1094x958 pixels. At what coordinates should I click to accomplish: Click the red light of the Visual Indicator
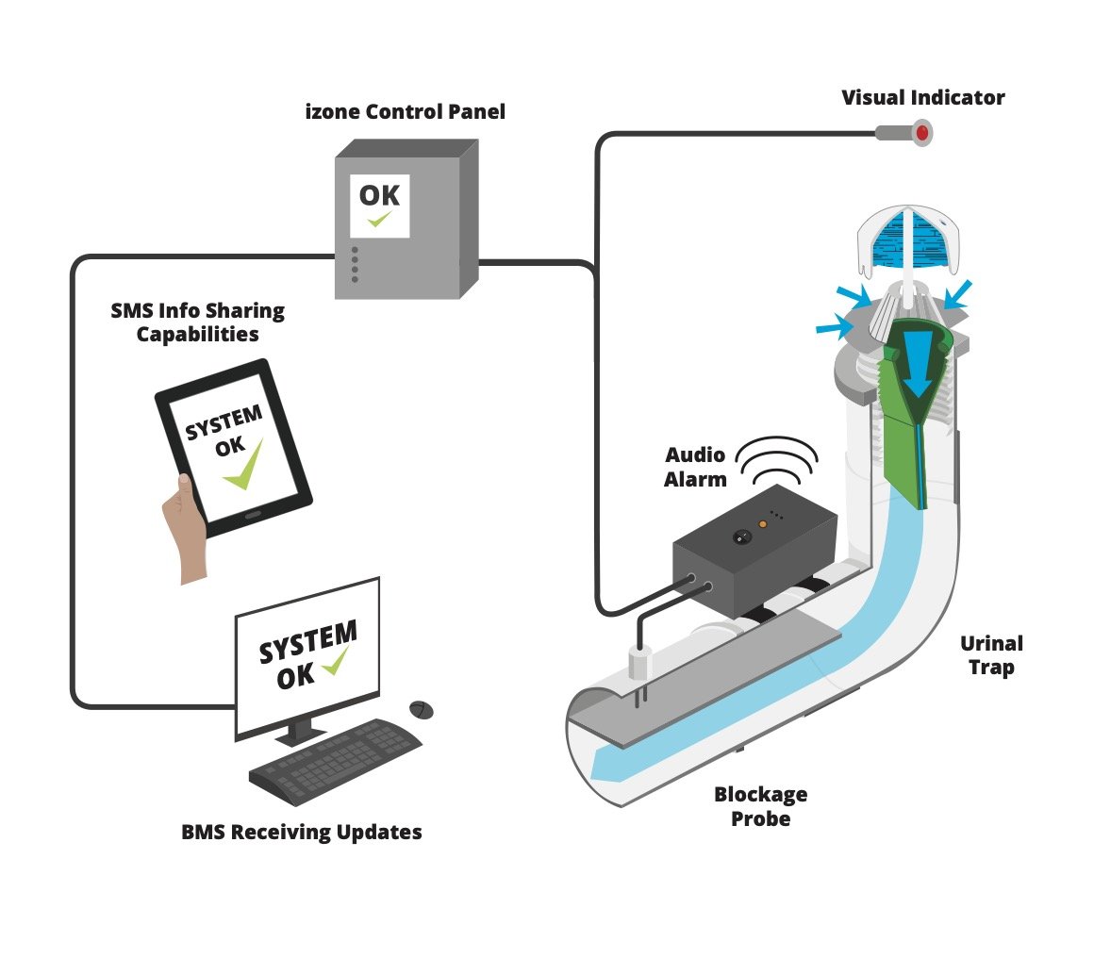coord(919,133)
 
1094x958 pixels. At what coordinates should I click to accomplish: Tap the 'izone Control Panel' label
coord(406,112)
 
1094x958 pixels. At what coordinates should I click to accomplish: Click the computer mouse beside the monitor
coord(422,708)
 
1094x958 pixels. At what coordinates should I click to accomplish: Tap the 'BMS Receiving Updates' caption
coord(302,832)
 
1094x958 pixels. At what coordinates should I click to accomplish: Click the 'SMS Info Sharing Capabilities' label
coord(198,322)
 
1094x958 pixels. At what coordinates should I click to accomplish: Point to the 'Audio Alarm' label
coord(695,467)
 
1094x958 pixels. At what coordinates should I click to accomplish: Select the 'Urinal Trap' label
coord(991,656)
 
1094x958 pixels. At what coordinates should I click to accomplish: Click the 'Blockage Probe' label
coord(760,806)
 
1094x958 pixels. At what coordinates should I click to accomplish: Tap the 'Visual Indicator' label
coord(922,97)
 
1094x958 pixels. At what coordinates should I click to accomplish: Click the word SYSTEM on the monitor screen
coord(307,641)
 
